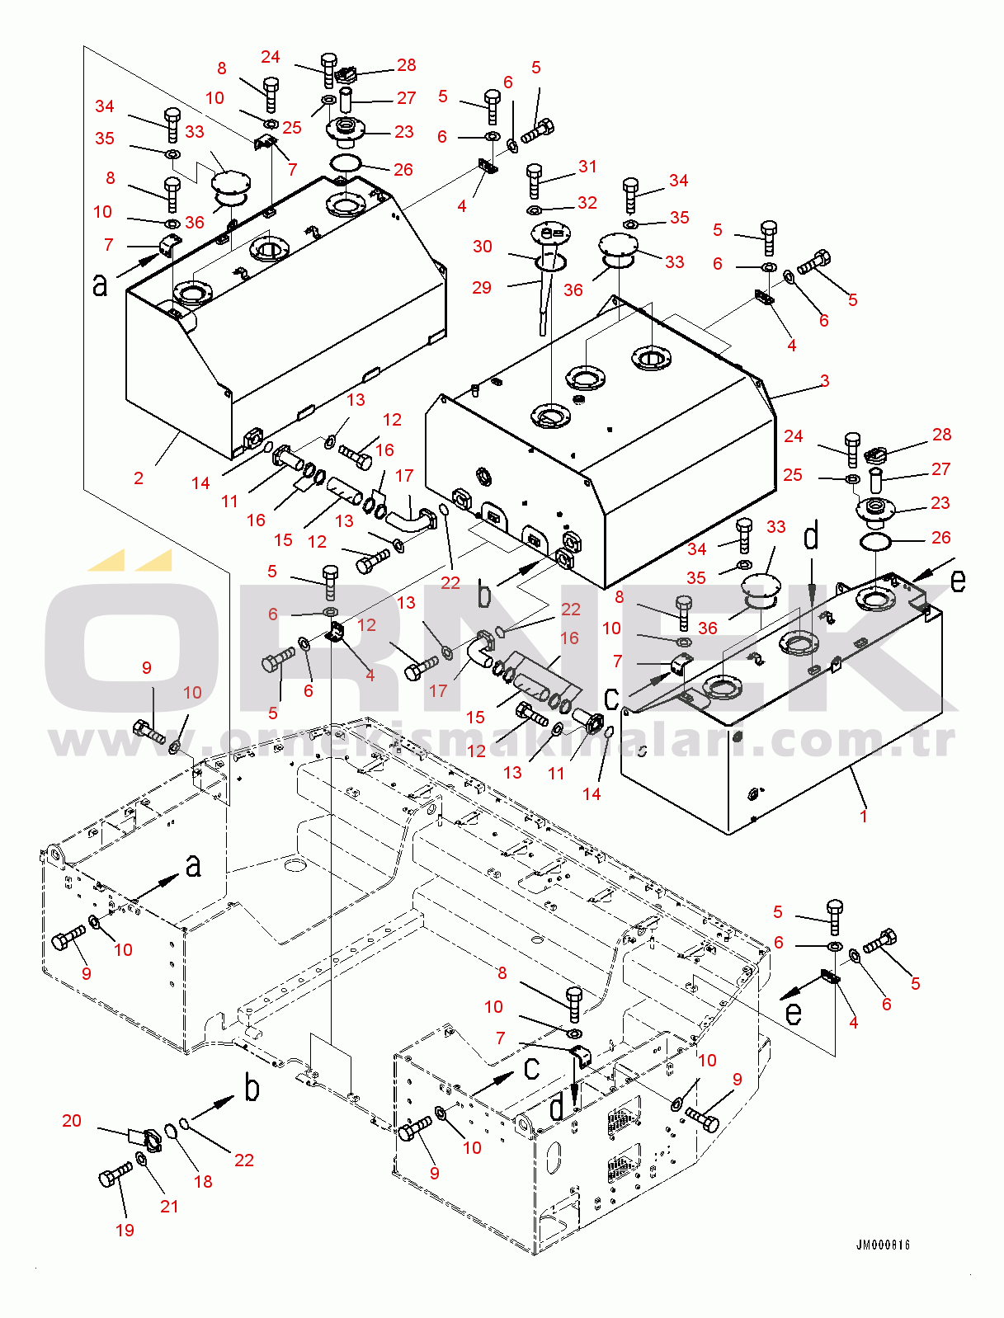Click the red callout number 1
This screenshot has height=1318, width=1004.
864,816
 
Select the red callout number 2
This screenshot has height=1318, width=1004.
139,478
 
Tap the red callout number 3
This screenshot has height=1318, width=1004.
824,380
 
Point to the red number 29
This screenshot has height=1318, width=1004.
482,287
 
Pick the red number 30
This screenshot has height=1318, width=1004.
483,246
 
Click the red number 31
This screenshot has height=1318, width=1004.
587,166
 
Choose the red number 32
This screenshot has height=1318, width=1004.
587,202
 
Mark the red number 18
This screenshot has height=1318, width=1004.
203,1181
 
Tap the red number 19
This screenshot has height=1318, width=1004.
125,1230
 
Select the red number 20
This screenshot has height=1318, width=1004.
72,1120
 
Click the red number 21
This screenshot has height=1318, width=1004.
169,1206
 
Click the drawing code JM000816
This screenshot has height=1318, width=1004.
883,1245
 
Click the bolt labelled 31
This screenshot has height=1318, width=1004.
534,181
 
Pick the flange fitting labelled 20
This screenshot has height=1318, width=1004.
148,1139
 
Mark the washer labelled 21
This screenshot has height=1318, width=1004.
141,1160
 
